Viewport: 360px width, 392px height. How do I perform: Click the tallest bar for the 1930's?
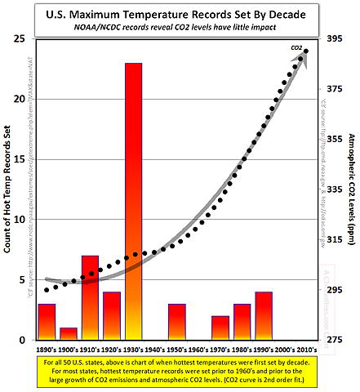pyautogui.click(x=133, y=201)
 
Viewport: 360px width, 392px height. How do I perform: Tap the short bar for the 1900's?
pyautogui.click(x=69, y=333)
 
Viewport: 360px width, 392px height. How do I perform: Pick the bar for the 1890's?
pyautogui.click(x=47, y=321)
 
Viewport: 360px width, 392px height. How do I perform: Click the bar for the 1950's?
pyautogui.click(x=177, y=321)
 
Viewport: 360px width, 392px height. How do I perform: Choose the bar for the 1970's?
pyautogui.click(x=220, y=327)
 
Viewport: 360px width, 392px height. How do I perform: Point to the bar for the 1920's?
pyautogui.click(x=112, y=315)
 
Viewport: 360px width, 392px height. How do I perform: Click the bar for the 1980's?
pyautogui.click(x=242, y=321)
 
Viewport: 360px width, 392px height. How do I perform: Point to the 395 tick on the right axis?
pyautogui.click(x=334, y=39)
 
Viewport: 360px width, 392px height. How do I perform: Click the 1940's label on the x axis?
pyautogui.click(x=155, y=348)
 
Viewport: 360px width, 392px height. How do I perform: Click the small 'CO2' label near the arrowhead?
pyautogui.click(x=296, y=48)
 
